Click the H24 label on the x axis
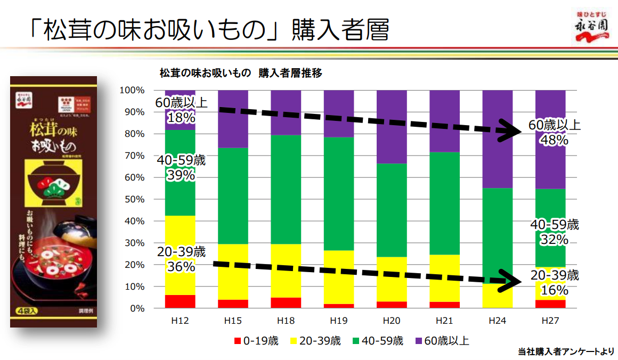tap(497, 321)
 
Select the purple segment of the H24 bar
tap(497, 138)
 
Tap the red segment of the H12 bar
tap(180, 301)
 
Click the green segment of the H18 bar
tap(286, 190)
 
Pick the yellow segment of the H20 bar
tap(392, 279)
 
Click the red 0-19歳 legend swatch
tap(238, 341)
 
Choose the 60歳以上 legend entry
tap(446, 341)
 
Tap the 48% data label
tap(555, 141)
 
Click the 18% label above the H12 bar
tap(181, 117)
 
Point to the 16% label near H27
tap(555, 291)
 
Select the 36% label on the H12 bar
tap(181, 266)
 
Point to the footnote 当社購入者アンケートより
tap(565, 351)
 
